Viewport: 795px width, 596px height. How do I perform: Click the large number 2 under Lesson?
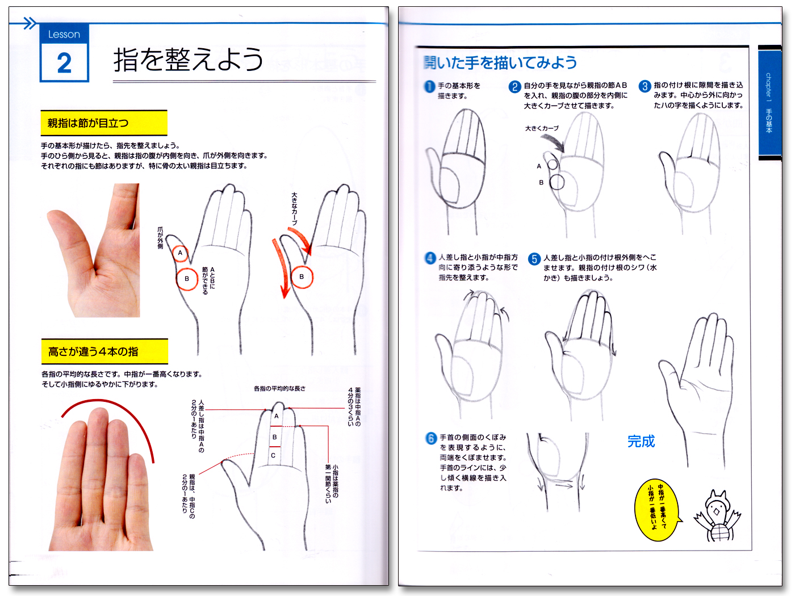(x=64, y=62)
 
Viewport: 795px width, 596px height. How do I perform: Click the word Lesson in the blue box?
(x=64, y=35)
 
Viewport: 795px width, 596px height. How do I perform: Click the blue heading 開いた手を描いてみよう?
(x=500, y=62)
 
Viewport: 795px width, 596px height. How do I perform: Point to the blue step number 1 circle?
(x=430, y=86)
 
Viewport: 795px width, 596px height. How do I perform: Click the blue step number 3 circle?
(x=645, y=86)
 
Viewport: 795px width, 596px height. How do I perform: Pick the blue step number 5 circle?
(x=534, y=259)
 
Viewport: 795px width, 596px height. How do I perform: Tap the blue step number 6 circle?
(x=431, y=438)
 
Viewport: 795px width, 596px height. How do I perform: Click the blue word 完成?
(x=641, y=442)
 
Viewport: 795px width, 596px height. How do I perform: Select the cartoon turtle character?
(x=717, y=517)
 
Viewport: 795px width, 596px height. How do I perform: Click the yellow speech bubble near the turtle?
(x=657, y=510)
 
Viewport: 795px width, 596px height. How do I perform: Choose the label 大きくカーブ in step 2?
(x=542, y=128)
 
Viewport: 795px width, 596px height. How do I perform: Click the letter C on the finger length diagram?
(x=273, y=455)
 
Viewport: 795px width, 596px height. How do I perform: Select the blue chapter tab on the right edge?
(x=769, y=102)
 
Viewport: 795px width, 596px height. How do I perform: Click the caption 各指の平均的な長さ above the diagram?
(x=279, y=389)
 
